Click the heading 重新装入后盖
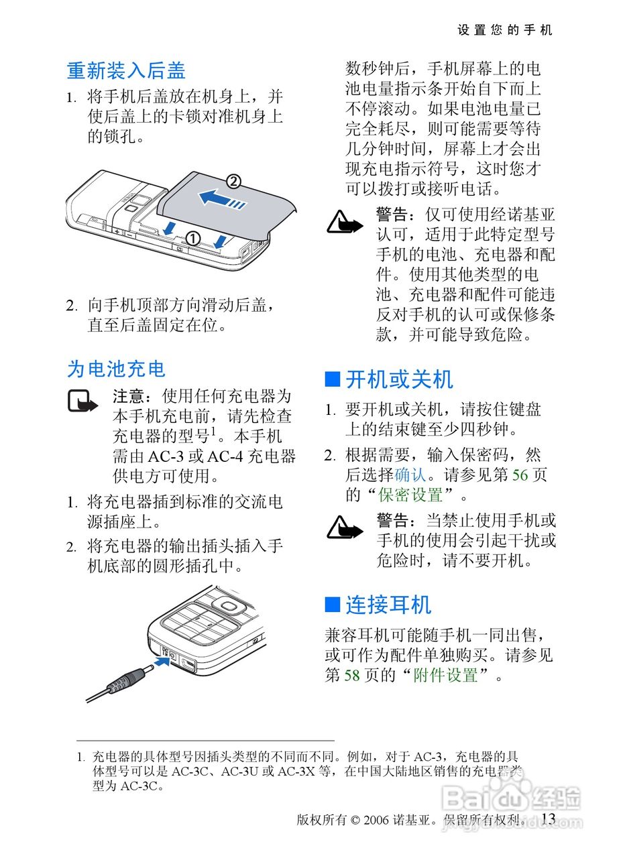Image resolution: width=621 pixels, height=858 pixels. tap(126, 71)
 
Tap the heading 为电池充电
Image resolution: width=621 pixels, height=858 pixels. tap(116, 369)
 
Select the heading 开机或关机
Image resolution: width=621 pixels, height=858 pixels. tap(400, 379)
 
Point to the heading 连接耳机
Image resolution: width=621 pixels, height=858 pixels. tap(389, 605)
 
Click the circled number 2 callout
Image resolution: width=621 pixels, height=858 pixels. tap(234, 181)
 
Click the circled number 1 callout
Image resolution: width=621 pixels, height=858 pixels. tap(193, 239)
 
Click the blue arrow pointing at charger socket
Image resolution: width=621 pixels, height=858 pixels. tap(162, 661)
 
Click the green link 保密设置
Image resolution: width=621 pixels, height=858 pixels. tap(410, 495)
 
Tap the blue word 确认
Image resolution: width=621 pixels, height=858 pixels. tap(410, 475)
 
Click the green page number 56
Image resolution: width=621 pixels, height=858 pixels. tap(520, 475)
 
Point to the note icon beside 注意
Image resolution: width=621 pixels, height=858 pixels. tap(82, 401)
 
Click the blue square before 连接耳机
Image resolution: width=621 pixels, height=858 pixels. tap(333, 605)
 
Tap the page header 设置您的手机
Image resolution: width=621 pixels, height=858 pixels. tap(505, 30)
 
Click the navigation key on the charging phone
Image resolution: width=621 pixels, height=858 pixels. tap(229, 607)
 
